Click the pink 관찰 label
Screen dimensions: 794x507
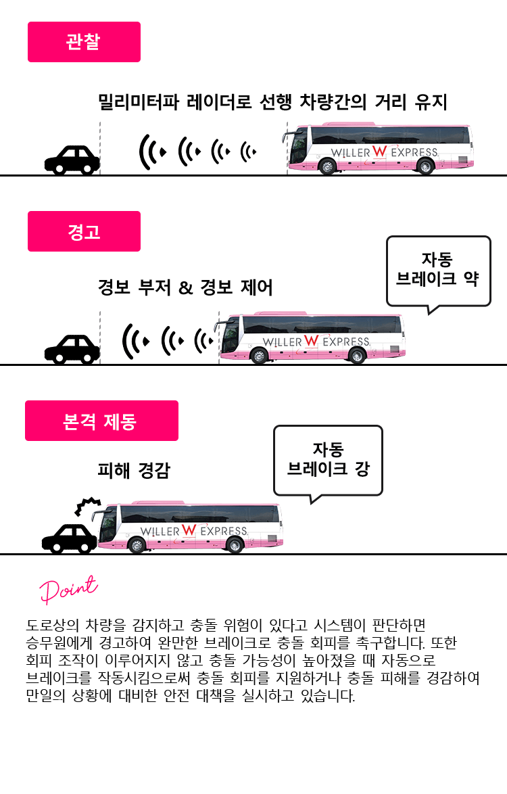click(84, 42)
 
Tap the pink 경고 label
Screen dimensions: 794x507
click(84, 231)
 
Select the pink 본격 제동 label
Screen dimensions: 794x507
click(101, 421)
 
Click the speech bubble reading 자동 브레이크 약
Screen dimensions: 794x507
click(438, 269)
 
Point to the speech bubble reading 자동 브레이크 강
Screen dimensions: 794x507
click(328, 459)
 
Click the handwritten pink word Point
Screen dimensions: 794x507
click(68, 589)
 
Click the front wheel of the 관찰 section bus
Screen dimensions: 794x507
click(327, 166)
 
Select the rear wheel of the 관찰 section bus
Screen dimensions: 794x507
click(425, 166)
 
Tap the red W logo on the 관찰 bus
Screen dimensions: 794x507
click(379, 151)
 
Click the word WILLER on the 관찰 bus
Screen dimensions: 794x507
click(350, 153)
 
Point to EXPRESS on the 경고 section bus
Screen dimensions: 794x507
click(346, 342)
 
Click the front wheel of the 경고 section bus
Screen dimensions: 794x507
click(259, 356)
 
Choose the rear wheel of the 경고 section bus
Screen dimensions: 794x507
click(357, 356)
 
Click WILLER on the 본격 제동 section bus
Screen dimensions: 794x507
click(160, 532)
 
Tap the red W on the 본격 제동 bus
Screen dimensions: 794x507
click(189, 530)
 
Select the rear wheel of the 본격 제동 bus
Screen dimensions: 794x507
click(235, 545)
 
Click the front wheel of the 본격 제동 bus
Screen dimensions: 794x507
click(137, 545)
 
